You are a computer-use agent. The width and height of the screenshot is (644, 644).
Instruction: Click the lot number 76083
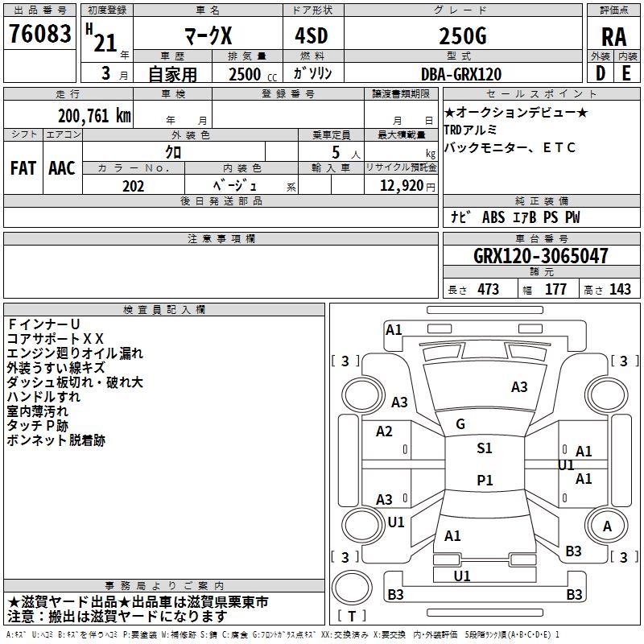click(39, 33)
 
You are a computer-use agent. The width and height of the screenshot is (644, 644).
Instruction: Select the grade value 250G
click(463, 35)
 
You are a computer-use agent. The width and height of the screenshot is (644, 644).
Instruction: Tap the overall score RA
click(614, 37)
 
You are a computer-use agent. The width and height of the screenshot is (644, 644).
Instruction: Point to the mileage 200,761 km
click(94, 116)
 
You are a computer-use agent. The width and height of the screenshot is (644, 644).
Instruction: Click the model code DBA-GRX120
click(461, 74)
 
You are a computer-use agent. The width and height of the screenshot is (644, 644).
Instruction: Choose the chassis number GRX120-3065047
click(540, 255)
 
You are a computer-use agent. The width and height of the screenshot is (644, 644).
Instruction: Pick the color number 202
click(133, 186)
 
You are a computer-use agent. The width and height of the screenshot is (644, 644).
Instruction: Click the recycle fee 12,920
click(402, 186)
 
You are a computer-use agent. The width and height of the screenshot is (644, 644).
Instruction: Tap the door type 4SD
click(312, 35)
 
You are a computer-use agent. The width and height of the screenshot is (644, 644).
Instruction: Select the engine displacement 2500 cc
click(253, 74)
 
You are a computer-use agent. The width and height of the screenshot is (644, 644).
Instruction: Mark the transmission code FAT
click(23, 168)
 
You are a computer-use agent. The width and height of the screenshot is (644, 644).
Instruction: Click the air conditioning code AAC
click(62, 168)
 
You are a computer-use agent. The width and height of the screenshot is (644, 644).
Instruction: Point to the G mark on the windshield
click(460, 424)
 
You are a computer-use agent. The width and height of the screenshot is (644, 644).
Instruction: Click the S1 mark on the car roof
click(485, 448)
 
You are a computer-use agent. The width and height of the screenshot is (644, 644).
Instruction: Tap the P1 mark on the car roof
click(485, 480)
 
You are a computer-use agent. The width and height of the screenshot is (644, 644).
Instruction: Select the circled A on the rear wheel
click(607, 526)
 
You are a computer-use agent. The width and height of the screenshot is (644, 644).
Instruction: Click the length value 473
click(488, 289)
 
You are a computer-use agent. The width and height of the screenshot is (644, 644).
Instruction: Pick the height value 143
click(620, 289)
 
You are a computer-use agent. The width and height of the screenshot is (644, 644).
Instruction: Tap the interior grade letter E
click(626, 73)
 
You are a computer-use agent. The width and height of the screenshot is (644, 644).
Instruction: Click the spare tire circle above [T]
click(352, 588)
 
